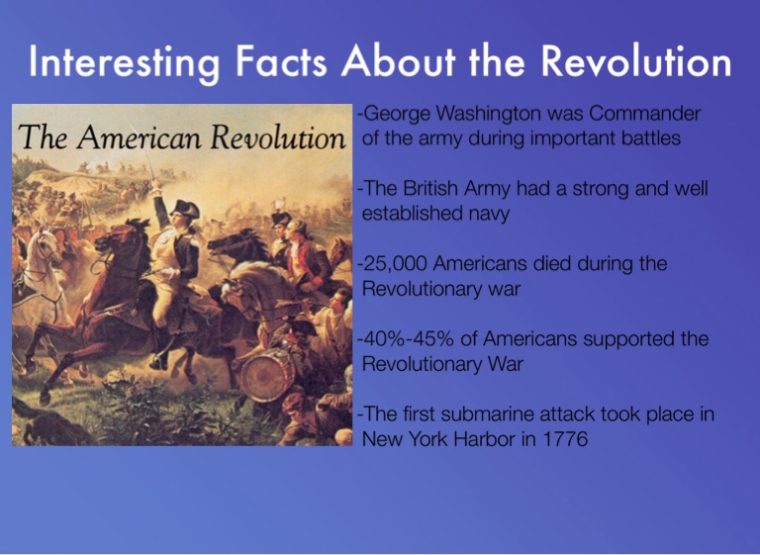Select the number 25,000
pos(393,264)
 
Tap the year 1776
pos(563,438)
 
